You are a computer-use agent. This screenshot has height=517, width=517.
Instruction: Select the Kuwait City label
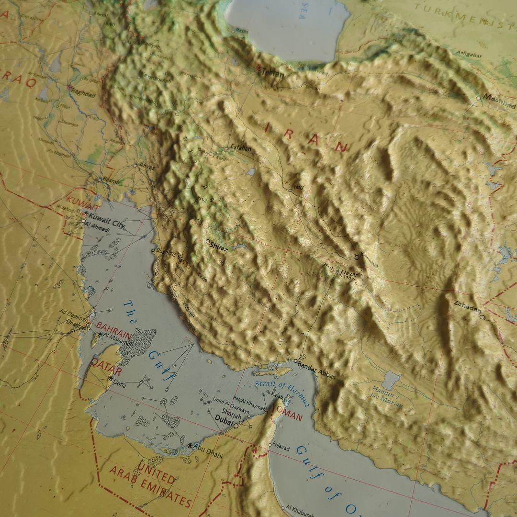(x=107, y=222)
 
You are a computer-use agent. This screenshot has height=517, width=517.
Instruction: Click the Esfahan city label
(x=240, y=148)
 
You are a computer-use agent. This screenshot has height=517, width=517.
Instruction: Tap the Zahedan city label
(x=467, y=310)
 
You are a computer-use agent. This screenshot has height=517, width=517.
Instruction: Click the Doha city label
(x=120, y=383)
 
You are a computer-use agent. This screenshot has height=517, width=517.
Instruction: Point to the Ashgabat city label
(x=468, y=53)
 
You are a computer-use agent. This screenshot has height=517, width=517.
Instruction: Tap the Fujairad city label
(x=281, y=447)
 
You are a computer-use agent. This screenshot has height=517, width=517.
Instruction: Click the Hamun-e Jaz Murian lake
(x=392, y=381)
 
